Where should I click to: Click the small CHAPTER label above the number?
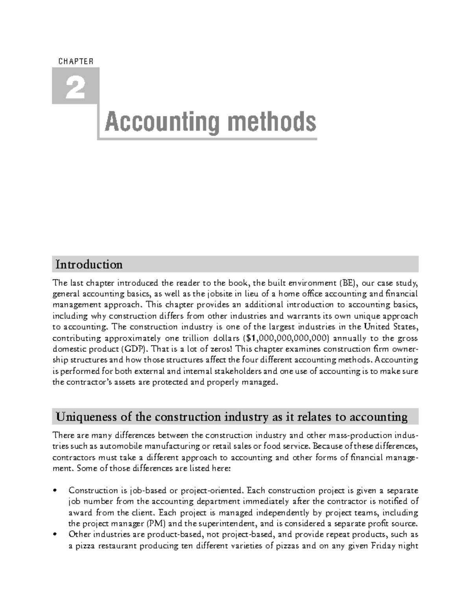point(76,61)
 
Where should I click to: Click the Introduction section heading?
point(89,264)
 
